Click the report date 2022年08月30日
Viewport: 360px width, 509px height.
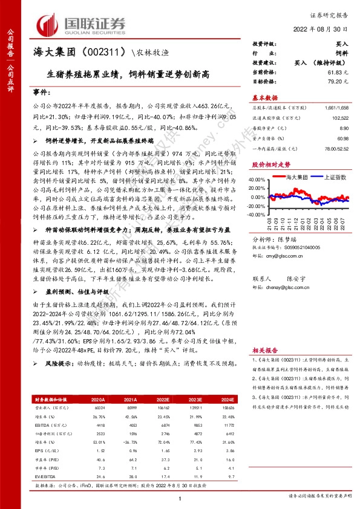coord(327,29)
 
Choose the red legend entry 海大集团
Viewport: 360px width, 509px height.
coord(297,177)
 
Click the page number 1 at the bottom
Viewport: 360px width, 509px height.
coord(180,499)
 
